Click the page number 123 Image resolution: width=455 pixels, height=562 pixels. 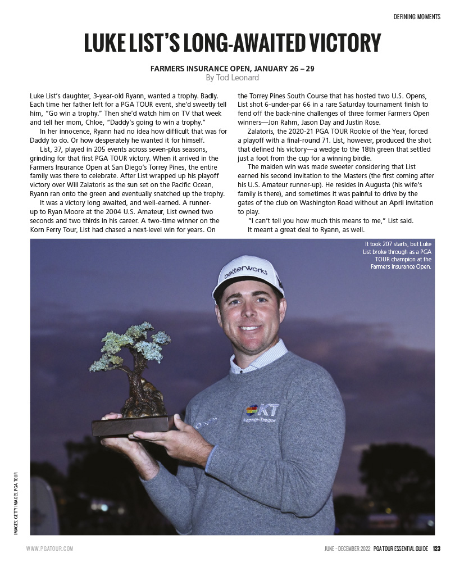[436, 549]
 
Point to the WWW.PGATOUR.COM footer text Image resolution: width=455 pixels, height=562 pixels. [49, 549]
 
